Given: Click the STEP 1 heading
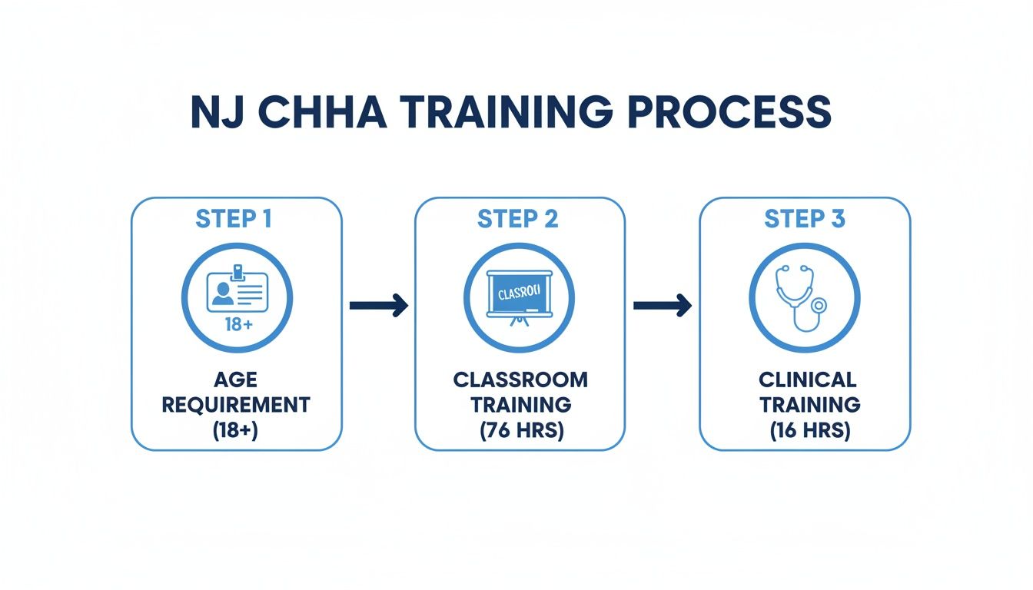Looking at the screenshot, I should pyautogui.click(x=234, y=219).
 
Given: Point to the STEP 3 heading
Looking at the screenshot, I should pyautogui.click(x=804, y=219).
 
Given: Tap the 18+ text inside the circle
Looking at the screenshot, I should pyautogui.click(x=237, y=323).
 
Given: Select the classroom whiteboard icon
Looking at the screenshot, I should pyautogui.click(x=520, y=296).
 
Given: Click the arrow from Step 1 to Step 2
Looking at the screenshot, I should pyautogui.click(x=378, y=306).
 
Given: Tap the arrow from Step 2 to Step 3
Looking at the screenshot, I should pyautogui.click(x=662, y=306).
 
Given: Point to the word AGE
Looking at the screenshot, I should pyautogui.click(x=237, y=380).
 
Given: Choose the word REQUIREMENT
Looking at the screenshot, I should pyautogui.click(x=237, y=405).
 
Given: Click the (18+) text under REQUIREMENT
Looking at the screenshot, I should pyautogui.click(x=237, y=430).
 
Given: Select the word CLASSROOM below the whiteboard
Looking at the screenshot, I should pyautogui.click(x=520, y=380).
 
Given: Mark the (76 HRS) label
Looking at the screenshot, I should pyautogui.click(x=520, y=430).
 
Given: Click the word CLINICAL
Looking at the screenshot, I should pyautogui.click(x=807, y=380).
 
